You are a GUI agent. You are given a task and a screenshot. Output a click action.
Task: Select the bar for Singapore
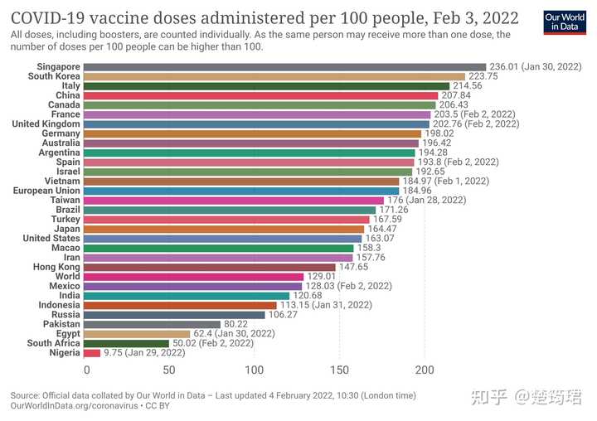tap(285, 67)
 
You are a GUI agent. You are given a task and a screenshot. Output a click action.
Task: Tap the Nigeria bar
tap(92, 353)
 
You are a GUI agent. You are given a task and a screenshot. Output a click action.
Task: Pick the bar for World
tap(195, 277)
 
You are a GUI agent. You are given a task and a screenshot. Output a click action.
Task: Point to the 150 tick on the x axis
tap(340, 370)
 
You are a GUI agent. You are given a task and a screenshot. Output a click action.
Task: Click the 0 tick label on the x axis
tap(86, 370)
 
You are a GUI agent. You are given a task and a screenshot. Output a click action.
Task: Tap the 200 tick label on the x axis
tap(425, 370)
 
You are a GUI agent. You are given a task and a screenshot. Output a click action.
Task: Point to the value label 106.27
tap(285, 315)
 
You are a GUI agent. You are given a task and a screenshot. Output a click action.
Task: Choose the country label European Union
tap(46, 191)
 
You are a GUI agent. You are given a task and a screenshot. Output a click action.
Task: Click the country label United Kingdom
tap(46, 123)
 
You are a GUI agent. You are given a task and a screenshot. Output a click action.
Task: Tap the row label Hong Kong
tap(56, 267)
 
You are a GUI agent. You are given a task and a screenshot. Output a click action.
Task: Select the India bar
tap(187, 296)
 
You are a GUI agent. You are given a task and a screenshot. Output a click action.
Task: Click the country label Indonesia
tap(58, 305)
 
